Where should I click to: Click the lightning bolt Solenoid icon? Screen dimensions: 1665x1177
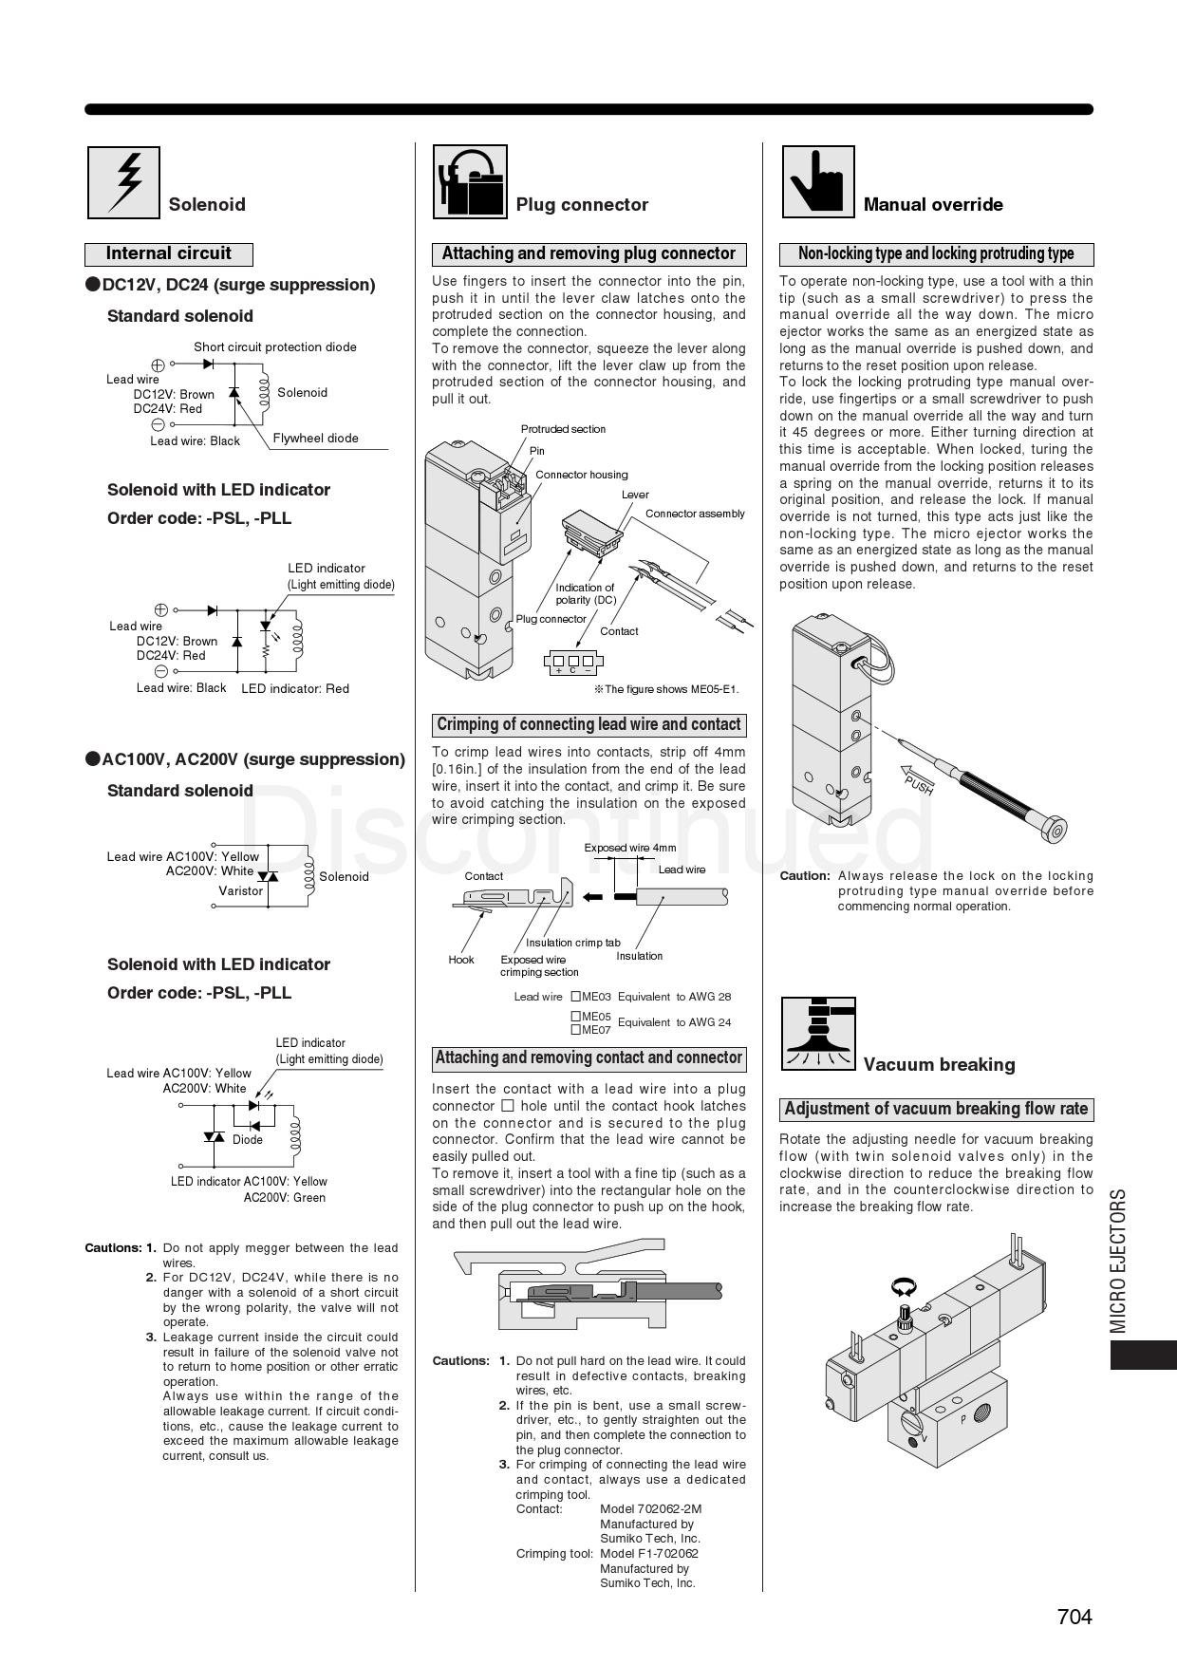123,182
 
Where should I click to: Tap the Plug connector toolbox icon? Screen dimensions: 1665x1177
470,181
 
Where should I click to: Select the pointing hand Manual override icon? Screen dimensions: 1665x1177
817,181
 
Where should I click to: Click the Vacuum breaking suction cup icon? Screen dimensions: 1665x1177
817,1033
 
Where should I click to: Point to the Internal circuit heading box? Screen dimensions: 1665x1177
169,254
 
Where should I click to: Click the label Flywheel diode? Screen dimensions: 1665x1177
316,439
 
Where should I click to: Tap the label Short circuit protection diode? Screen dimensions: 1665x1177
275,347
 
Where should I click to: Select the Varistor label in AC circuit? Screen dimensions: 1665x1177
240,891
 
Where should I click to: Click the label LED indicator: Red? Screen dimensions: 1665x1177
295,689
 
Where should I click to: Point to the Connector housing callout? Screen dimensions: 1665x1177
581,475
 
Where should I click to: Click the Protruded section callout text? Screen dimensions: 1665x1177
563,429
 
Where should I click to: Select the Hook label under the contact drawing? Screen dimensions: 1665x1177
461,960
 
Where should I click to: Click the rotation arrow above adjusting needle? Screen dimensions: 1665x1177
904,1286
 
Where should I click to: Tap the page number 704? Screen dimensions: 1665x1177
1074,1617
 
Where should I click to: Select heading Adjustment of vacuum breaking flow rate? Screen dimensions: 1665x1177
936,1110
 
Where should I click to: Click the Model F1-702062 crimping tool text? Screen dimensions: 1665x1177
649,1554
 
